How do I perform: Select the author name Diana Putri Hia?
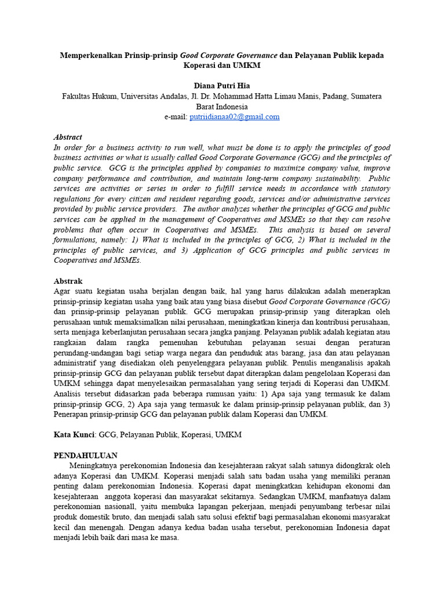pyautogui.click(x=222, y=86)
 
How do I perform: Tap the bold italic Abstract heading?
pyautogui.click(x=68, y=137)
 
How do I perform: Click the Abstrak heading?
pyautogui.click(x=68, y=281)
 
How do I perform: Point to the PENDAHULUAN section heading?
pyautogui.click(x=86, y=455)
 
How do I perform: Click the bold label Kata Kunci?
pyautogui.click(x=74, y=434)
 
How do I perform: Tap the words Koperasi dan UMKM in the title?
pyautogui.click(x=222, y=66)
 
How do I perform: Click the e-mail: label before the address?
pyautogui.click(x=176, y=117)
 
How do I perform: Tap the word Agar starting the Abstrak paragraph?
pyautogui.click(x=62, y=291)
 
